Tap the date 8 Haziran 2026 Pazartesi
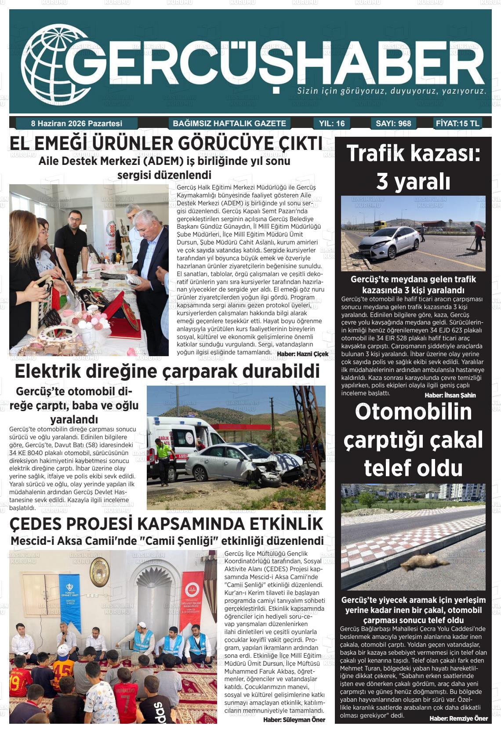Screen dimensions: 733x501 click(x=76, y=124)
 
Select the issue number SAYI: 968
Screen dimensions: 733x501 click(x=393, y=124)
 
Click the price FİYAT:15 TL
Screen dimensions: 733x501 click(x=457, y=123)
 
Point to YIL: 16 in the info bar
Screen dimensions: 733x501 click(x=332, y=124)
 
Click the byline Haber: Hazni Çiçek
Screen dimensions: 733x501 click(x=302, y=354)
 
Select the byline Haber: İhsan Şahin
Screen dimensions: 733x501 click(x=450, y=395)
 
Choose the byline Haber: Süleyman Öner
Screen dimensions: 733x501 click(x=294, y=720)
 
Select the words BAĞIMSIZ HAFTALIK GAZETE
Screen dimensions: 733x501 click(x=229, y=124)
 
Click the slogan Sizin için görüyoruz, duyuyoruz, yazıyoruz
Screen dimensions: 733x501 click(x=392, y=91)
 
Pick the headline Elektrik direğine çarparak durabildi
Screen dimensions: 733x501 click(x=167, y=372)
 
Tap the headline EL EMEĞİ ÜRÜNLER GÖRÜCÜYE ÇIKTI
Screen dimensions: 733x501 click(x=166, y=144)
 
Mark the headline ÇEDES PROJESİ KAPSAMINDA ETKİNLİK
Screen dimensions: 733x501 click(x=166, y=524)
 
